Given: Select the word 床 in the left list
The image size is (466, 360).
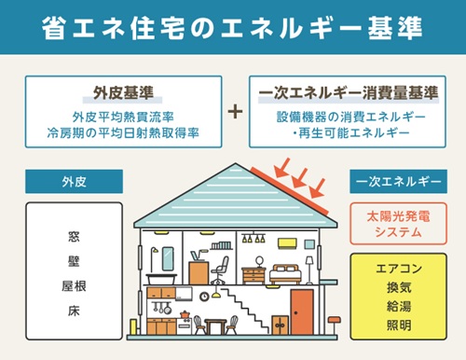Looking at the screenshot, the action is click(74, 307).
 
